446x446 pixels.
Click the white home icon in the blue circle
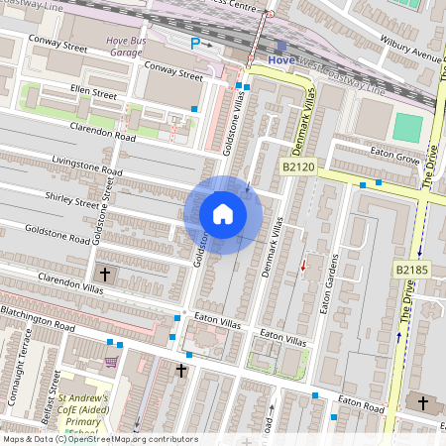pyautogui.click(x=223, y=214)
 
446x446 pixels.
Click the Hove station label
pyautogui.click(x=258, y=59)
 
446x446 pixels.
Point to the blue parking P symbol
pyautogui.click(x=195, y=43)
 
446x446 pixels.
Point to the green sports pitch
pyautogui.click(x=407, y=127)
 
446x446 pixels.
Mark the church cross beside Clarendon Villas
pyautogui.click(x=105, y=274)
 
